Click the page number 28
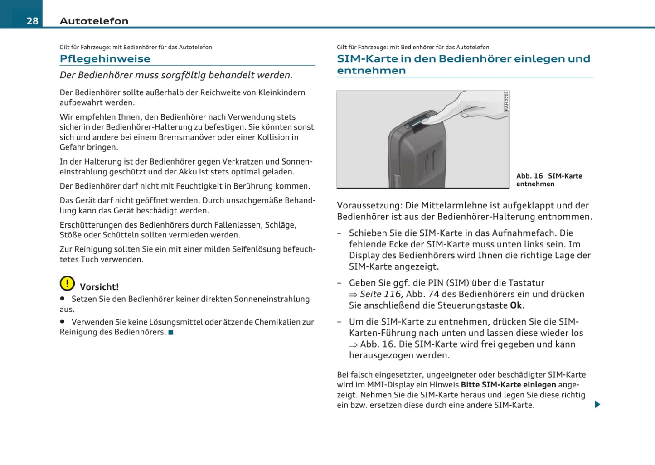click(x=32, y=21)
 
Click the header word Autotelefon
click(x=94, y=21)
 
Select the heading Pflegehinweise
click(x=105, y=59)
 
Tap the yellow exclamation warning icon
click(x=67, y=283)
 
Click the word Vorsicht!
click(x=99, y=287)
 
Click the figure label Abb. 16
click(x=529, y=176)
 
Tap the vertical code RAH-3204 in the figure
click(x=506, y=101)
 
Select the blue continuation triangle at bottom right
click(x=597, y=404)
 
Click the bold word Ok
click(x=516, y=305)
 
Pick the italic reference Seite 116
click(x=381, y=294)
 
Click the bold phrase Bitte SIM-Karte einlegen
click(x=508, y=385)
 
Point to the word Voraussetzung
click(x=369, y=205)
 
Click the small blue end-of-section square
click(x=171, y=333)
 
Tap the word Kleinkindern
click(x=281, y=92)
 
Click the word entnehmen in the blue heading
click(x=371, y=71)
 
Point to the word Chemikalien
click(x=278, y=322)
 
